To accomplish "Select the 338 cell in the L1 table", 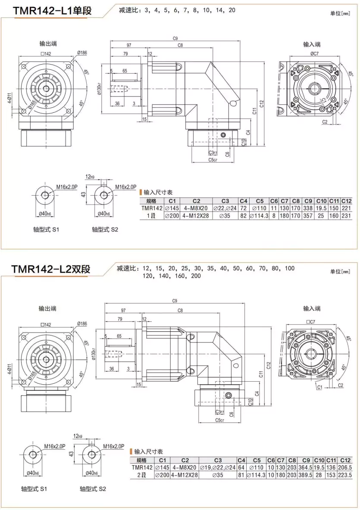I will pyautogui.click(x=307, y=208).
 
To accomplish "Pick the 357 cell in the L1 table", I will pyautogui.click(x=307, y=215).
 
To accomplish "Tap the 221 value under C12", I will pyautogui.click(x=347, y=208).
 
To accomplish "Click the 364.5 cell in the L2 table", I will pyautogui.click(x=306, y=467).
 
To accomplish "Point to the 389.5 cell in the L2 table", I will pyautogui.click(x=306, y=475).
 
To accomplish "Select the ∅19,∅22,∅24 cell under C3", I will pyautogui.click(x=218, y=467).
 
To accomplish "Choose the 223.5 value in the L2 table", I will pyautogui.click(x=345, y=475).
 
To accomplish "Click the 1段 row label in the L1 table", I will pyautogui.click(x=151, y=215).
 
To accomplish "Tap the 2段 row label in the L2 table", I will pyautogui.click(x=142, y=475).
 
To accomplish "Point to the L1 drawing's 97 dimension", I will pyautogui.click(x=128, y=45).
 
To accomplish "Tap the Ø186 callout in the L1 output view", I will pyautogui.click(x=81, y=53).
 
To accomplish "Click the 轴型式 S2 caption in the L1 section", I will pyautogui.click(x=105, y=230).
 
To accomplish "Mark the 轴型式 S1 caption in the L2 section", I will pyautogui.click(x=34, y=489).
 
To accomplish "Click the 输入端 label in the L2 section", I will pyautogui.click(x=312, y=308).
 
